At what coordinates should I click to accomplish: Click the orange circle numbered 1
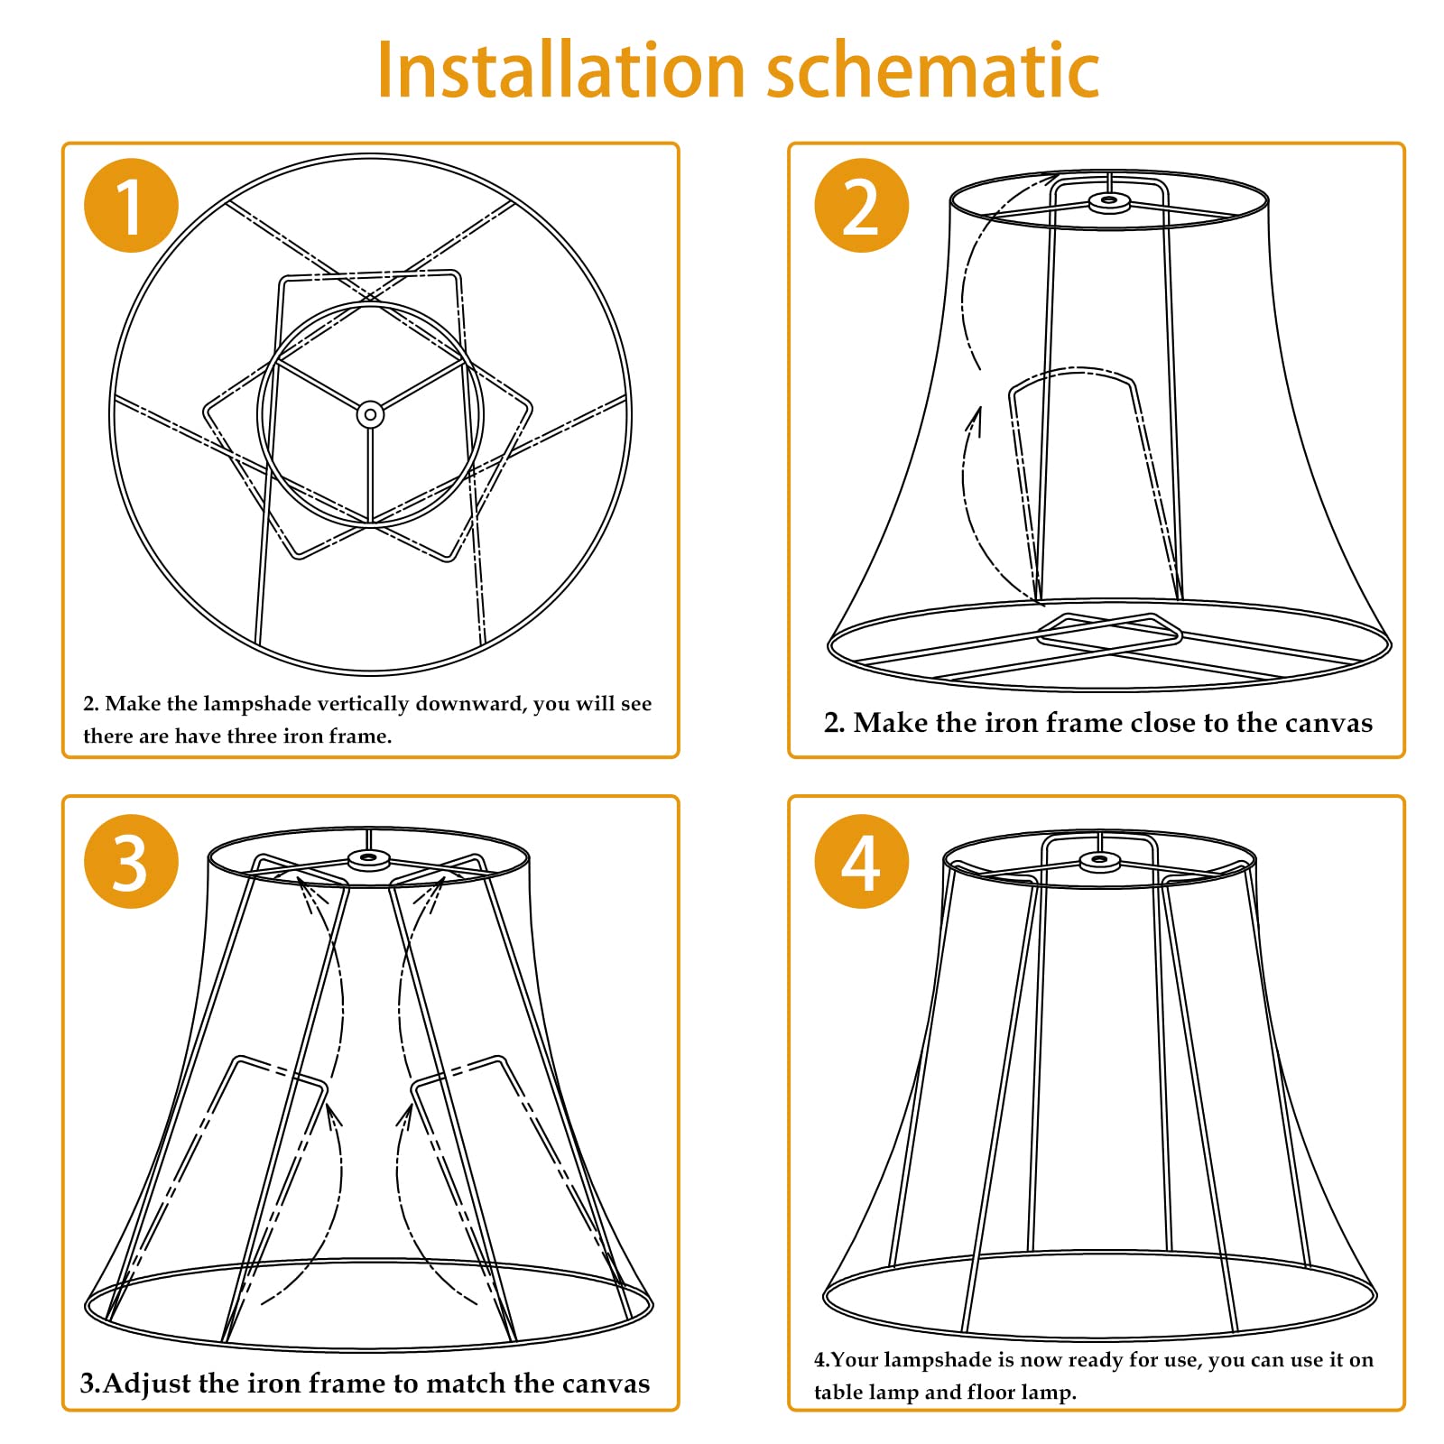pyautogui.click(x=131, y=206)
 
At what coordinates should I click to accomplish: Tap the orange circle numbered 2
pyautogui.click(x=861, y=206)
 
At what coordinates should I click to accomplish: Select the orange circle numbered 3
pyautogui.click(x=131, y=861)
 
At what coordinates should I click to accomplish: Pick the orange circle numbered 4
pyautogui.click(x=861, y=861)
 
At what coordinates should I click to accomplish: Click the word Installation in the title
pyautogui.click(x=560, y=70)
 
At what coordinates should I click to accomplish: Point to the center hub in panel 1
pyautogui.click(x=370, y=415)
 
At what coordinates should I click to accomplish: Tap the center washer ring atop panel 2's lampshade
pyautogui.click(x=1109, y=202)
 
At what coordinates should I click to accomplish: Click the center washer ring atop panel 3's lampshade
pyautogui.click(x=368, y=857)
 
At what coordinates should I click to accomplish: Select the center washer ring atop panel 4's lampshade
pyautogui.click(x=1099, y=860)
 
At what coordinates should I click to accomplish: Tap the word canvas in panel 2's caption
pyautogui.click(x=1328, y=723)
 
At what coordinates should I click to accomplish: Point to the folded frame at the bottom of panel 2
pyautogui.click(x=1110, y=632)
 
